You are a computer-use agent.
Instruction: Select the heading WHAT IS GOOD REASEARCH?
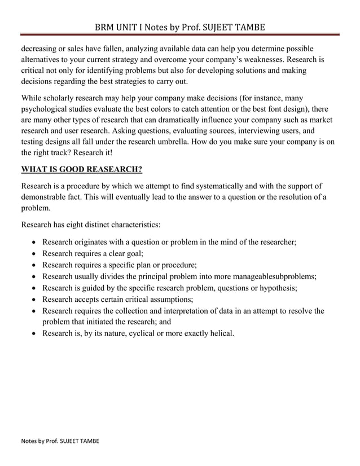coord(81,169)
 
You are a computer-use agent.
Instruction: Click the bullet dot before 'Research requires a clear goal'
coord(35,254)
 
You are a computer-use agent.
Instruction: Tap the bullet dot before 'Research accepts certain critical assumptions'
coord(35,299)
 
